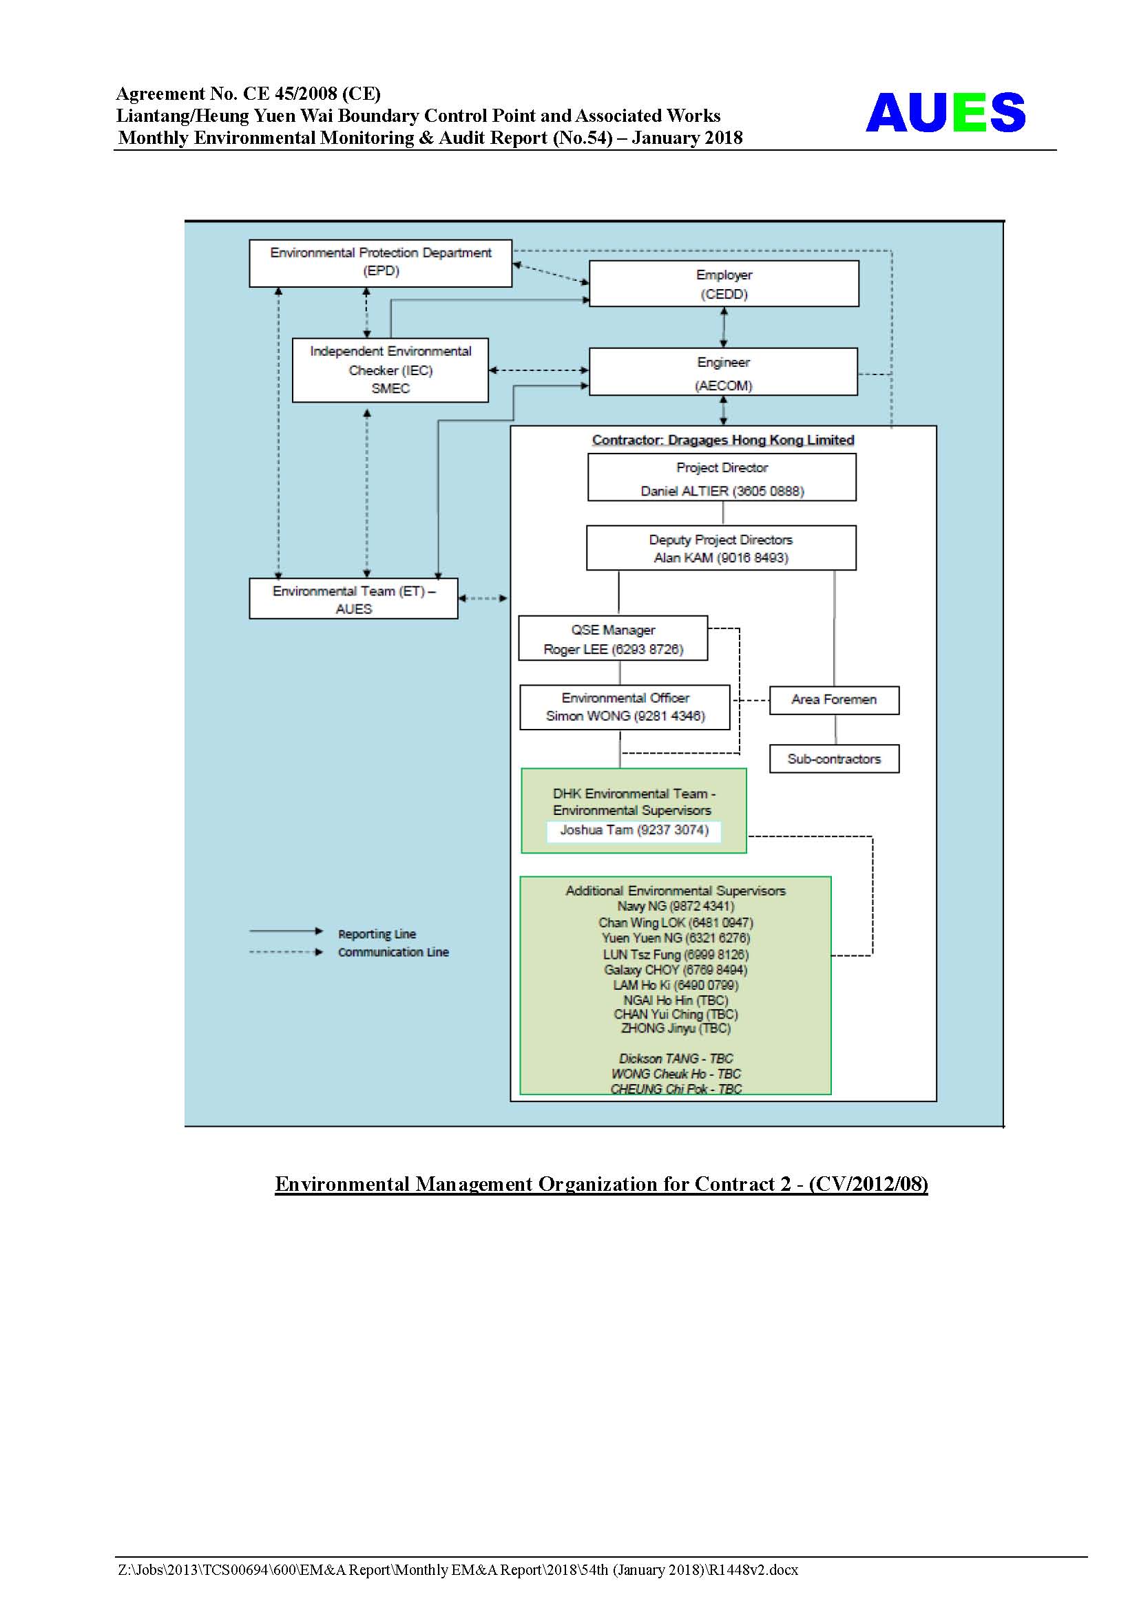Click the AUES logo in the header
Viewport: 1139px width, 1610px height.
click(x=945, y=112)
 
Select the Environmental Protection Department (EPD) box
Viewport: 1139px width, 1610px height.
click(x=380, y=263)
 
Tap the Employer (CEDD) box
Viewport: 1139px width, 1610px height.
click(x=724, y=284)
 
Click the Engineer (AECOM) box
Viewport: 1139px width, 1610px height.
click(x=723, y=372)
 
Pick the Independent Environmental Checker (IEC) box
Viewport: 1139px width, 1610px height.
click(x=390, y=370)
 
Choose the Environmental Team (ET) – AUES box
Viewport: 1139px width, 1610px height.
click(x=353, y=598)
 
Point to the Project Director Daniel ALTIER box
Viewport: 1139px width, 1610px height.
click(x=722, y=478)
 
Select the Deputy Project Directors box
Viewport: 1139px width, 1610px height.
click(x=721, y=548)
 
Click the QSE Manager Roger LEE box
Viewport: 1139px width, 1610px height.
click(x=613, y=638)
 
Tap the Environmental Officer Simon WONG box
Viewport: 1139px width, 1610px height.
click(x=625, y=707)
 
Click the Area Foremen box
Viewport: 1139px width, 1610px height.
click(x=834, y=700)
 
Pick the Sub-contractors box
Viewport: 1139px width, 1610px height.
click(x=834, y=759)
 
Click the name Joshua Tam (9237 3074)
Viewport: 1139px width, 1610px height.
click(x=634, y=830)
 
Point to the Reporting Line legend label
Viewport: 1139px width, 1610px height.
click(x=377, y=934)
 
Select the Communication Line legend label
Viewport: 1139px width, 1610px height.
click(x=393, y=952)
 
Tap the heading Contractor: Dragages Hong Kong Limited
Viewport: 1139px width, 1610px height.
click(x=723, y=440)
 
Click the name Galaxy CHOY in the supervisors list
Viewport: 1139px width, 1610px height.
click(x=641, y=970)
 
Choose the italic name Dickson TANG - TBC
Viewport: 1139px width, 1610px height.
click(x=676, y=1058)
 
